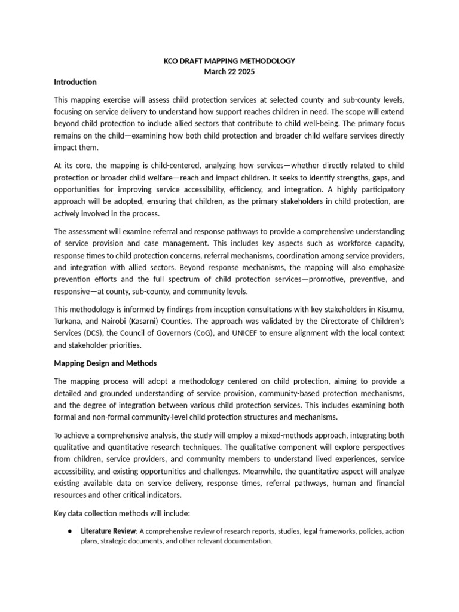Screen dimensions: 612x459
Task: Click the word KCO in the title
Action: pos(172,61)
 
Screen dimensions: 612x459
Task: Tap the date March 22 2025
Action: pos(229,72)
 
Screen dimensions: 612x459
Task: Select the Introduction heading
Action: pos(75,82)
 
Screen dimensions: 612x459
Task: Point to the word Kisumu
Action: pos(390,323)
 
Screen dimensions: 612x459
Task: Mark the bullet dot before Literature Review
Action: pos(71,531)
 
